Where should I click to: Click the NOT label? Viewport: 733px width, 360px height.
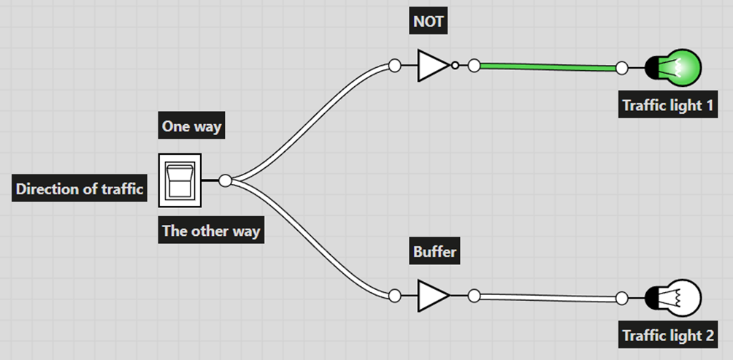point(428,21)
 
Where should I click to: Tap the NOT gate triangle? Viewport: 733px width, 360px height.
point(432,66)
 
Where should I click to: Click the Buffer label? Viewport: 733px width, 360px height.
point(434,253)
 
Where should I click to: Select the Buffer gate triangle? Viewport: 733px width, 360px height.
point(432,295)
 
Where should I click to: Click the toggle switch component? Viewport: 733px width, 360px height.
point(179,180)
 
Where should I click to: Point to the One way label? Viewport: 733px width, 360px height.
point(191,126)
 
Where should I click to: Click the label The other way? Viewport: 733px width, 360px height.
point(211,231)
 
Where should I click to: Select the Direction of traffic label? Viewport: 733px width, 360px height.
point(80,189)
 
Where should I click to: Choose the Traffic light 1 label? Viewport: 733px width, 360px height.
point(667,105)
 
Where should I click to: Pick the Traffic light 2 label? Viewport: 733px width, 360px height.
point(667,336)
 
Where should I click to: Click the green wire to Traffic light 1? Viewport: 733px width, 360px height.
point(548,67)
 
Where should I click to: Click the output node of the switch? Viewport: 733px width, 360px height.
point(226,180)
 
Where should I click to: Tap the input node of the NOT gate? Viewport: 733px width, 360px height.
point(394,66)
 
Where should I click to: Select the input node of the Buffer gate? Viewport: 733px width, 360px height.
point(394,296)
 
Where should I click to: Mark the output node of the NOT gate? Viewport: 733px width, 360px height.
point(474,66)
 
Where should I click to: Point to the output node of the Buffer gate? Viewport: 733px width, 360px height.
point(474,296)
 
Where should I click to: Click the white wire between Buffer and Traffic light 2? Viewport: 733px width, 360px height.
point(548,297)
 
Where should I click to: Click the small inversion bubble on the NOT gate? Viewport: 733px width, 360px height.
point(455,66)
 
